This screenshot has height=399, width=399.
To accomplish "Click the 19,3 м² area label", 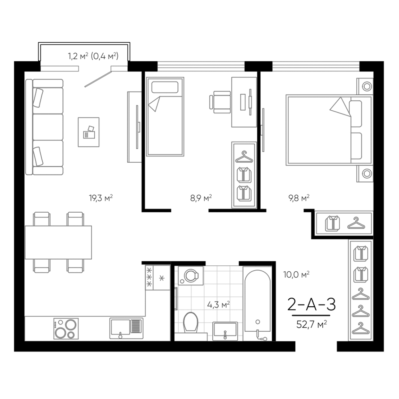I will click(x=101, y=198).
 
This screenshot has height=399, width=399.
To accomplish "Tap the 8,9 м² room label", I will click(x=201, y=198).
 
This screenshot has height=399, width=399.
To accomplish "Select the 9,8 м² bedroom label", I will click(x=299, y=198).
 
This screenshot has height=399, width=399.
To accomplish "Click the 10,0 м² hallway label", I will click(x=296, y=274).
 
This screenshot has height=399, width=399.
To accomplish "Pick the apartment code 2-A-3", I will click(x=312, y=304).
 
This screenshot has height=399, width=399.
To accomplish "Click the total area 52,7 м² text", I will click(x=312, y=324).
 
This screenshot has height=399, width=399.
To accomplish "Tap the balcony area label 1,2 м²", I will click(x=78, y=56).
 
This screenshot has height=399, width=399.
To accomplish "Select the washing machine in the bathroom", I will click(x=190, y=276).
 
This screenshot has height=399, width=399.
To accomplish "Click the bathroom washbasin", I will click(x=225, y=330).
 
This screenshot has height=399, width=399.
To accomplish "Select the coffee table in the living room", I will click(x=88, y=132).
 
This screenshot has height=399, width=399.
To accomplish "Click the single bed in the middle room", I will click(x=165, y=117).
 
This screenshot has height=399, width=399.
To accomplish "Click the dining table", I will click(x=58, y=242).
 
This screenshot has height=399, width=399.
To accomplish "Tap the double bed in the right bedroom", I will click(x=328, y=130).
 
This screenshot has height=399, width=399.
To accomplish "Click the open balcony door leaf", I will click(x=98, y=78).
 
